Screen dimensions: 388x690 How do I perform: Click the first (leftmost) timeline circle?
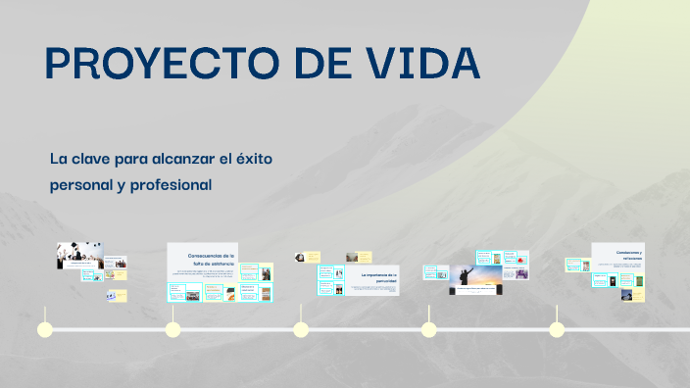(44, 329)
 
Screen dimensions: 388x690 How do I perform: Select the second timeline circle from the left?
(172, 329)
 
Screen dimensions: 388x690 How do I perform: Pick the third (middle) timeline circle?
(301, 329)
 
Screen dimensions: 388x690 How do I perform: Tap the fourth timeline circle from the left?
(428, 329)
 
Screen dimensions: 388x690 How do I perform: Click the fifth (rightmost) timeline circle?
(557, 329)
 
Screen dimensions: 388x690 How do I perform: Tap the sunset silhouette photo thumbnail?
(476, 277)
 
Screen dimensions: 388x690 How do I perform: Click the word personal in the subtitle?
(81, 184)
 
